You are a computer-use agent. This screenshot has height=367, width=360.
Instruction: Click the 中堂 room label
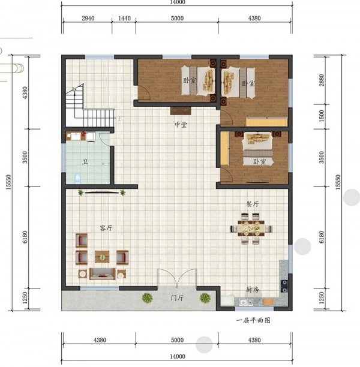tap(181, 125)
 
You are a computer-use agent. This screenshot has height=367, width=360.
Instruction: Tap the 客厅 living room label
tap(106, 228)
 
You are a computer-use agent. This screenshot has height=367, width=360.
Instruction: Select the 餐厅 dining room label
tap(252, 204)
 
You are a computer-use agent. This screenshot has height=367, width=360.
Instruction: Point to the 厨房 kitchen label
tap(252, 290)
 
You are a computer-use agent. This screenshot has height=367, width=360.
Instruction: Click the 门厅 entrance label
tap(177, 298)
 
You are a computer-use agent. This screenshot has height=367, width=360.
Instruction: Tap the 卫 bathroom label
tap(85, 162)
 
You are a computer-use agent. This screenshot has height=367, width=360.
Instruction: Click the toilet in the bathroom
tap(77, 178)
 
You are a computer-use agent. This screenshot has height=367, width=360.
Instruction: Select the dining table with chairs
tap(251, 228)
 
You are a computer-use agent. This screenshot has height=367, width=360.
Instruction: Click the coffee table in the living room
tap(102, 257)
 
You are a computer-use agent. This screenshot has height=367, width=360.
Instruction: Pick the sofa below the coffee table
tap(103, 274)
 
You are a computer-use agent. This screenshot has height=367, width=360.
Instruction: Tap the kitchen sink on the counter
tap(246, 302)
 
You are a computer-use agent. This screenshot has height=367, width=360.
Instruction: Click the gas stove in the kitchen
tap(284, 286)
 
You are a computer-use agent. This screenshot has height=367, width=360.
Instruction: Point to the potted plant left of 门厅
tap(147, 298)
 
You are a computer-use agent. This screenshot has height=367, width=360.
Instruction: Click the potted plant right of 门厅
tap(205, 298)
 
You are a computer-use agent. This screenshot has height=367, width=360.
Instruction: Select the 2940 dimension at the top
tap(88, 18)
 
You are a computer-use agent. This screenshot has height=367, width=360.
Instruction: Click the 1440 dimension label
tap(124, 18)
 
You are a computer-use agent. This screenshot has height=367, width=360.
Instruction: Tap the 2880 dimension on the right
tap(322, 80)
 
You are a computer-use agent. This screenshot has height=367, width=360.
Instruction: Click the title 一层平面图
tap(253, 320)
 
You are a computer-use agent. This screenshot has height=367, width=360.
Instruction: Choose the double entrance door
tap(177, 278)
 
